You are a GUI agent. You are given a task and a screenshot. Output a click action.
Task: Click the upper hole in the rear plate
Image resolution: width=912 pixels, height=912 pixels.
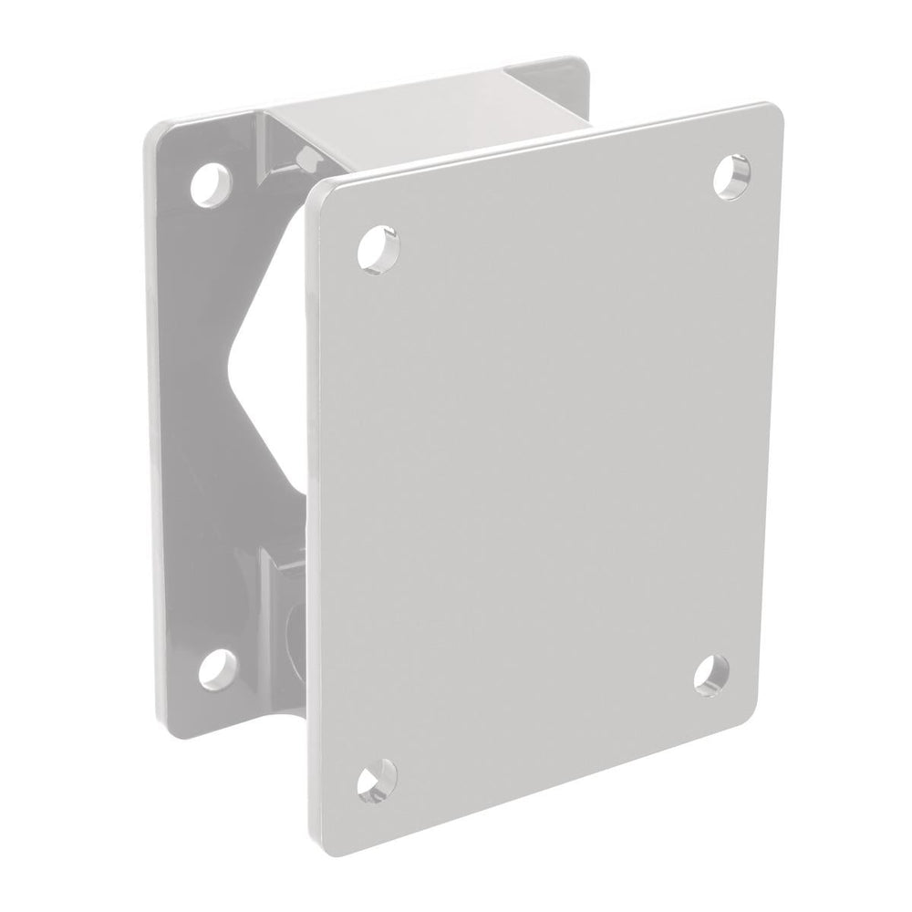211,182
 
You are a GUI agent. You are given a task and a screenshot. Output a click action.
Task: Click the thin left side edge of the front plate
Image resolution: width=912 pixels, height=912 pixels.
312,511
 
